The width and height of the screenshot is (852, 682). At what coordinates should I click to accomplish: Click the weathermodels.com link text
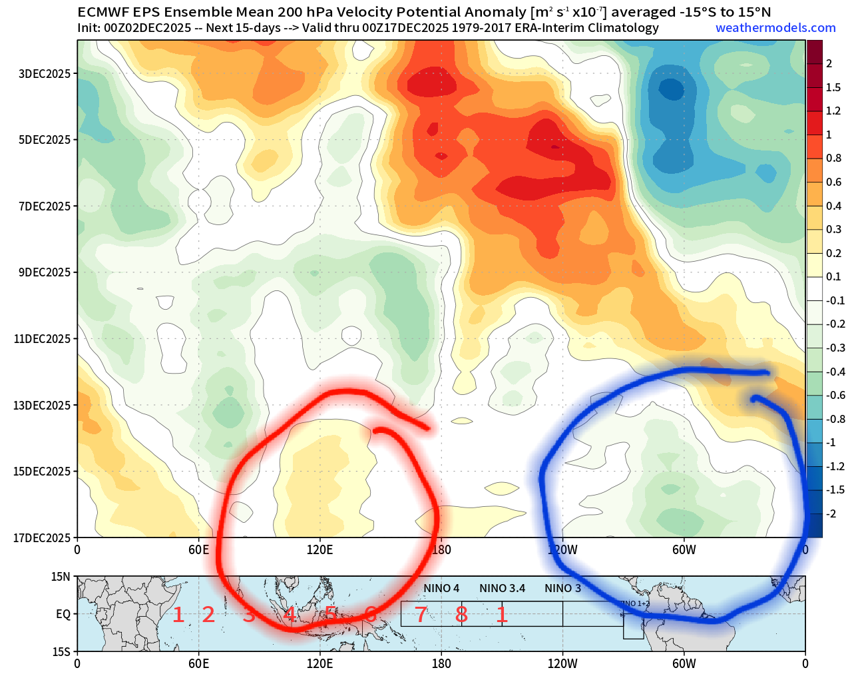(x=775, y=28)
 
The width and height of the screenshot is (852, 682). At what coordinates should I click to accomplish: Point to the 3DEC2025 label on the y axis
(x=45, y=73)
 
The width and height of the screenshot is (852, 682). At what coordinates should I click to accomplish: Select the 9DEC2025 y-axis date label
(x=45, y=272)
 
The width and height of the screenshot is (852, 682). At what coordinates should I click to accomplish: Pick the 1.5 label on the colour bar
(x=833, y=87)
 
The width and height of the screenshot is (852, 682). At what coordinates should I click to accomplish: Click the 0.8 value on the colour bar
(x=833, y=158)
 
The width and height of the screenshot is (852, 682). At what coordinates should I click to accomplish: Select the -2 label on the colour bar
(x=831, y=513)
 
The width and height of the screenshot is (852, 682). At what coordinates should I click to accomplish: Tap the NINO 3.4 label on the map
(x=502, y=588)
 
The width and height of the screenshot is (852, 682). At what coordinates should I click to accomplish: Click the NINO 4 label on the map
(x=441, y=588)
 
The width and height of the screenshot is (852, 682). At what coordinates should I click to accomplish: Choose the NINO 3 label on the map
(x=562, y=588)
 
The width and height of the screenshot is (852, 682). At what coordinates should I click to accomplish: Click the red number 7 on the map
(x=420, y=615)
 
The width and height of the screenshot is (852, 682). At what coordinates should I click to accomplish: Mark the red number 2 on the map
(x=208, y=615)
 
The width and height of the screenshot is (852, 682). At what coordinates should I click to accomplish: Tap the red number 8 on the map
(x=461, y=615)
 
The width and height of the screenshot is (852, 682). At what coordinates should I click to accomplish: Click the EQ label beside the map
(x=63, y=614)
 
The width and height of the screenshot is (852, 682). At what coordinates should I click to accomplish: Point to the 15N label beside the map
(x=61, y=577)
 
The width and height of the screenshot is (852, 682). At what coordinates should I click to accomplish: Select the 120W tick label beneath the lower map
(x=562, y=663)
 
